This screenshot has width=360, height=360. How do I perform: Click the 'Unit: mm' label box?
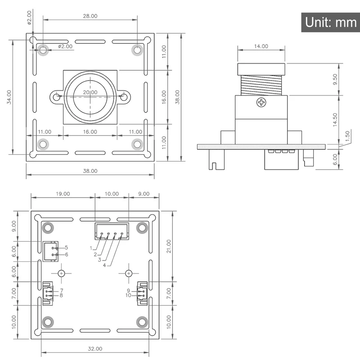tap(330, 22)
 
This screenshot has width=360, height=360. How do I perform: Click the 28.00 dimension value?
tap(90, 16)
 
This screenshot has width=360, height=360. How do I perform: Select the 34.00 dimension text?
tap(9, 97)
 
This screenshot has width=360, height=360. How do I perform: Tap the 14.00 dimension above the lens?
tap(261, 46)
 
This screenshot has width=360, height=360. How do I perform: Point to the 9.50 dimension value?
tap(335, 79)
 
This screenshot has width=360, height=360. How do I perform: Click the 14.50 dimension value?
tap(335, 120)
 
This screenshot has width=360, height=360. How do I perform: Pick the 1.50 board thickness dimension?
tap(347, 136)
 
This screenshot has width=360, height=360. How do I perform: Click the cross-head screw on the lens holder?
tap(261, 103)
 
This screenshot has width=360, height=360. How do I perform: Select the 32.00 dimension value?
tap(95, 349)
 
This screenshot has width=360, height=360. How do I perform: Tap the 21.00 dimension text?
tap(169, 246)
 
